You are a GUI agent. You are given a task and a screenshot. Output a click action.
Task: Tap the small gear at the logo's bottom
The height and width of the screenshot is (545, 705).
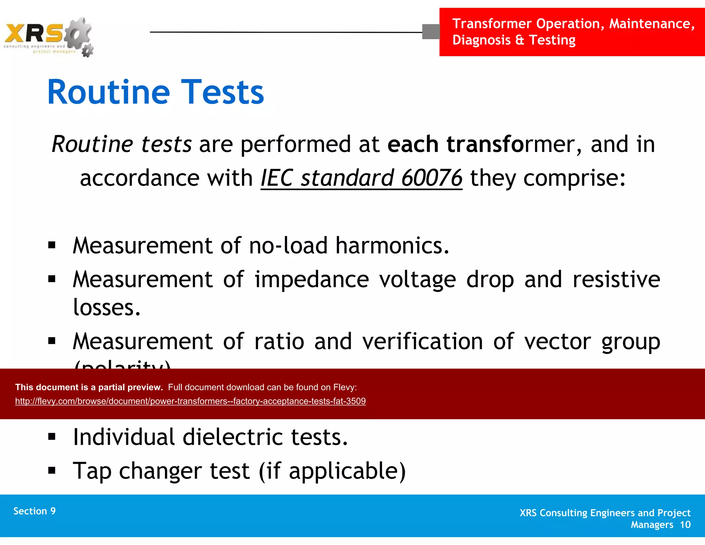tap(88, 51)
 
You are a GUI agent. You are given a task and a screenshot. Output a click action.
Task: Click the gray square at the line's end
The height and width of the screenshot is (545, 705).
tap(431, 32)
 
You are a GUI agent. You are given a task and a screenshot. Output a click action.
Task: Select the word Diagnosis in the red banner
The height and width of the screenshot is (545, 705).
tap(481, 40)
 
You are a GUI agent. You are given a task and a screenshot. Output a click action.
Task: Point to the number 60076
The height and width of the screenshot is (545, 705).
tap(432, 178)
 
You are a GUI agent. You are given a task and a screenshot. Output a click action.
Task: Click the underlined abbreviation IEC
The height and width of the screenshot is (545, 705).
tap(277, 178)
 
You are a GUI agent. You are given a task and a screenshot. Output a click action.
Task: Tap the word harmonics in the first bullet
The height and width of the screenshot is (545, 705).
tap(392, 246)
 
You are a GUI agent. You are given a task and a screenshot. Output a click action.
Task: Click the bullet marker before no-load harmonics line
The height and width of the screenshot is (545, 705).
tap(52, 245)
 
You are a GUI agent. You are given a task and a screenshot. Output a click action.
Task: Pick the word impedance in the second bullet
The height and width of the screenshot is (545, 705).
tap(312, 279)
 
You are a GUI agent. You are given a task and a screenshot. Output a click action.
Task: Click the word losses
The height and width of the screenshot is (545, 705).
tap(107, 307)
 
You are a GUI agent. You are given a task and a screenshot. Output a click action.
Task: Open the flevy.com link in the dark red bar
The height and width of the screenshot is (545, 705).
tap(190, 401)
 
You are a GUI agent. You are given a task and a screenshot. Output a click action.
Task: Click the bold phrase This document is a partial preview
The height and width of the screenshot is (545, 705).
tap(89, 387)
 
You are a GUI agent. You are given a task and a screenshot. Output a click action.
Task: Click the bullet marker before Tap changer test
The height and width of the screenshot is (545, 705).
tap(52, 471)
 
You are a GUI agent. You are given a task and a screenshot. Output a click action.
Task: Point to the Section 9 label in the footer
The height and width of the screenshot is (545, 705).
tap(34, 511)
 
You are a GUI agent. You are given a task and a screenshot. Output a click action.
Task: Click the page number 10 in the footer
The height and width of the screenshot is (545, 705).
tap(685, 525)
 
